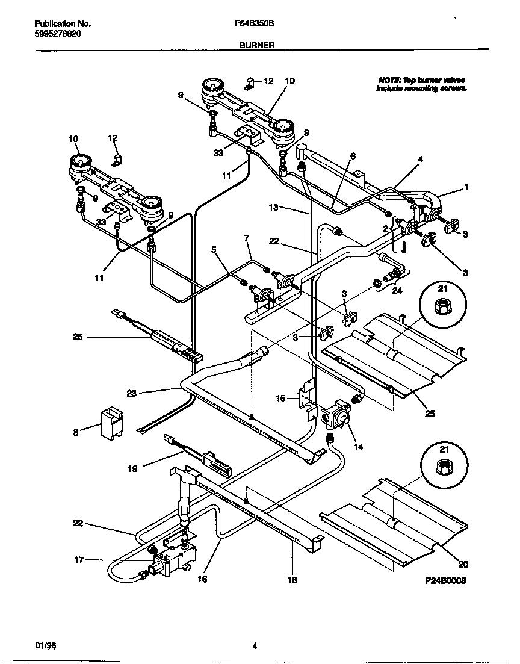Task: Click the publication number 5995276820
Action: pos(57,34)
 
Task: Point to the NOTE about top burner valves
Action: pos(421,84)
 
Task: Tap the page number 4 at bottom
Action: pos(255,646)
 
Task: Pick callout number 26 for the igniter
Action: pos(78,337)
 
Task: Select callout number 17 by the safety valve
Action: pos(78,559)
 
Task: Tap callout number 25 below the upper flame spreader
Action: pos(429,414)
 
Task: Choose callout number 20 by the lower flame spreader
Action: pos(463,564)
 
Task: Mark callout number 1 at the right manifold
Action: pos(465,187)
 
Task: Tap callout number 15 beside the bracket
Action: pos(282,397)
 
